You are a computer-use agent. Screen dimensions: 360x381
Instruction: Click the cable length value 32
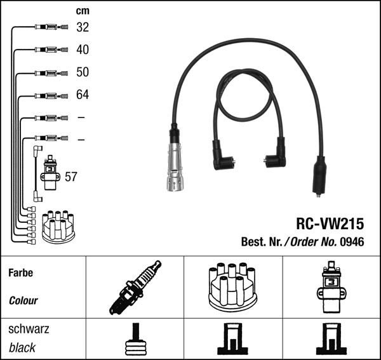click(x=83, y=27)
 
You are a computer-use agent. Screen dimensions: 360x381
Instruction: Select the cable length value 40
click(x=83, y=50)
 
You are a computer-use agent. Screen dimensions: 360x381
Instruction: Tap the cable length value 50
click(x=83, y=72)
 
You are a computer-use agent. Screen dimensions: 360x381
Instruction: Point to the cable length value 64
click(x=83, y=95)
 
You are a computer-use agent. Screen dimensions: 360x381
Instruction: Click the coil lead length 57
click(x=71, y=177)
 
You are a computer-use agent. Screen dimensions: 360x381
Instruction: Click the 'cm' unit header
click(x=82, y=11)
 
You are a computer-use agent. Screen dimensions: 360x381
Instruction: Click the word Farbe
click(x=21, y=273)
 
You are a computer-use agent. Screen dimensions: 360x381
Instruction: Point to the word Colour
click(x=23, y=300)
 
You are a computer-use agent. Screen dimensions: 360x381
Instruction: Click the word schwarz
click(x=29, y=330)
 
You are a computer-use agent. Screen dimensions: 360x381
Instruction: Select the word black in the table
click(x=22, y=347)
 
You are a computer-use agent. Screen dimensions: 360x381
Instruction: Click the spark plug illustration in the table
click(x=135, y=288)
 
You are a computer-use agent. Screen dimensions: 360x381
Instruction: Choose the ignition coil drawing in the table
click(x=331, y=287)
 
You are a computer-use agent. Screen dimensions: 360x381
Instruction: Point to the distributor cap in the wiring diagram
click(x=58, y=226)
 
